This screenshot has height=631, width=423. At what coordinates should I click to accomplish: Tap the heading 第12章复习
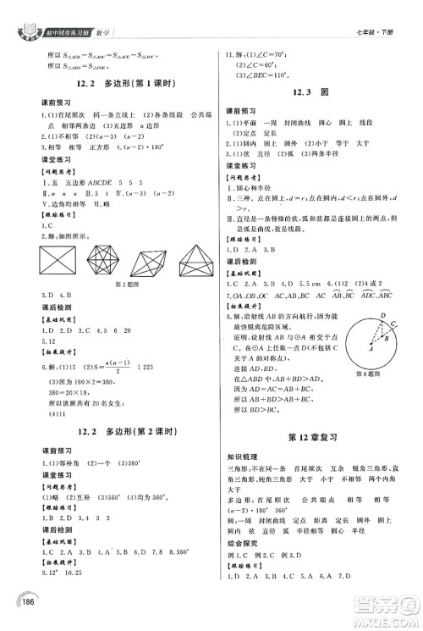click(x=314, y=438)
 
